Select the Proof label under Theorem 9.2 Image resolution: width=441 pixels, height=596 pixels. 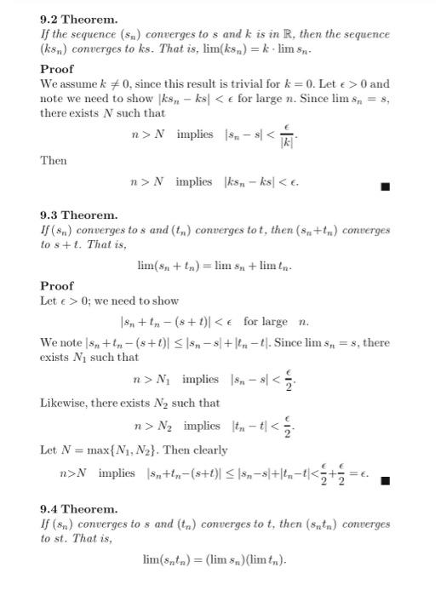57,69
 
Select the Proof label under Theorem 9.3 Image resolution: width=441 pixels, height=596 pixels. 57,286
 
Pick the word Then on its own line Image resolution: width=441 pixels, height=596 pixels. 54,160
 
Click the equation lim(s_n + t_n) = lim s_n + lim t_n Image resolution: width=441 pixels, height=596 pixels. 215,266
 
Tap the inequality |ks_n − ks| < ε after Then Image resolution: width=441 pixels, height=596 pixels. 260,182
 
